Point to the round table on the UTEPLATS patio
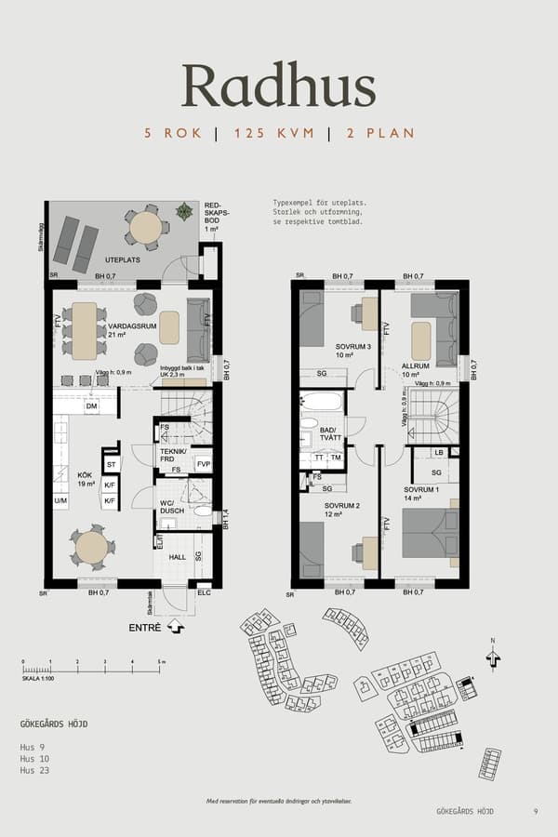click(x=145, y=227)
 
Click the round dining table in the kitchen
click(x=91, y=547)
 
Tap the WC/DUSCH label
click(x=172, y=509)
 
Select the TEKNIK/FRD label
click(x=173, y=455)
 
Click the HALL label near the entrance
click(x=179, y=557)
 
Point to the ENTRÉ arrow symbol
click(x=176, y=628)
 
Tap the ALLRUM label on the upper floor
click(x=415, y=366)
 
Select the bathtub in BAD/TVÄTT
click(x=321, y=404)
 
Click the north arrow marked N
click(x=492, y=656)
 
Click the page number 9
click(x=536, y=812)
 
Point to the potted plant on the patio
click(x=185, y=211)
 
